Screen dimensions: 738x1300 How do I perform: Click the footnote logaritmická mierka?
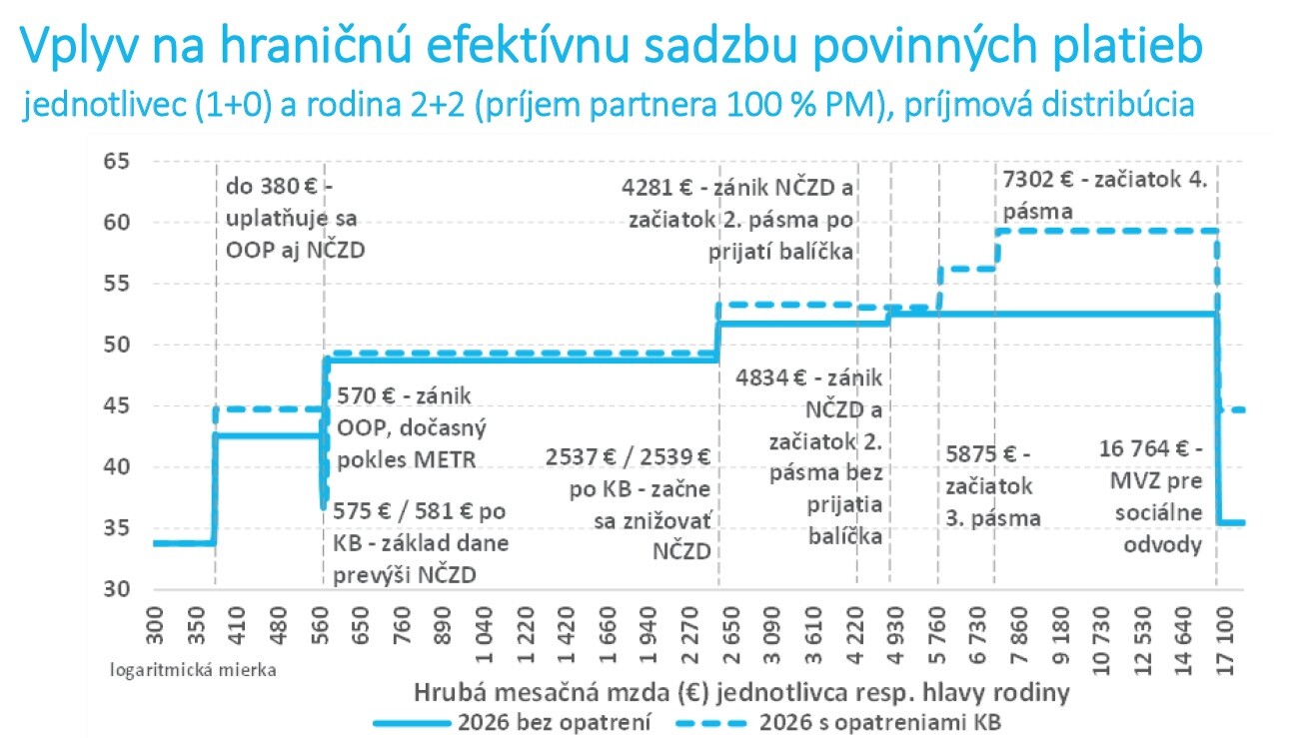(193, 669)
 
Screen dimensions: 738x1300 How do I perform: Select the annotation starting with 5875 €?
(994, 485)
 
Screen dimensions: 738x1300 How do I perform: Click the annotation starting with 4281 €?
(737, 220)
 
